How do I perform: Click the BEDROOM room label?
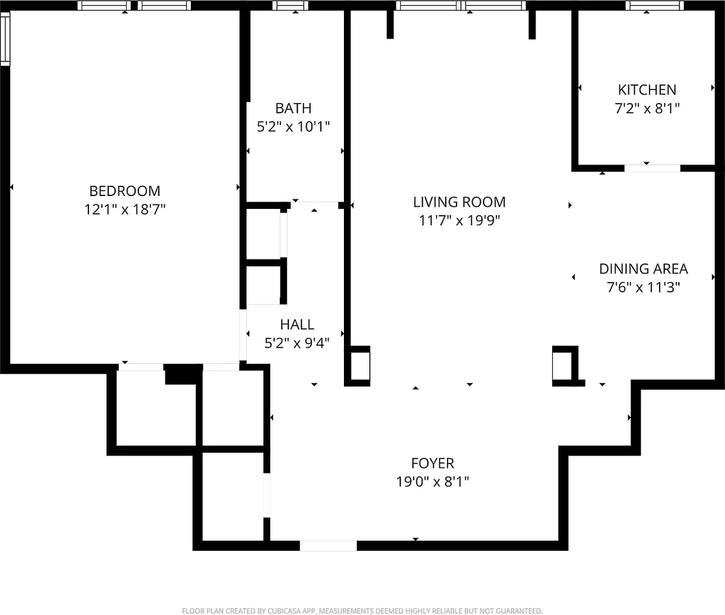124,191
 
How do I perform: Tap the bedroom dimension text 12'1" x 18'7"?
124,209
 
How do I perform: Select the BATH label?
293,108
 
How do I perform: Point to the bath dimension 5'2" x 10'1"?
293,126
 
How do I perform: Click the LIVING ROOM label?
459,202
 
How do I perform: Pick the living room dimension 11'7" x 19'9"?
459,220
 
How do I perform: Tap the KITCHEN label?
647,90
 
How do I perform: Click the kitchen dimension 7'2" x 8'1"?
647,108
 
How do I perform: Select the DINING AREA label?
643,269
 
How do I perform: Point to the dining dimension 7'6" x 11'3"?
643,287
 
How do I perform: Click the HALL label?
297,325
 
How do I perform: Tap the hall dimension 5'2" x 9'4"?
297,343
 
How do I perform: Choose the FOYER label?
432,463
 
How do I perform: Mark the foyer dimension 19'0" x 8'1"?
432,481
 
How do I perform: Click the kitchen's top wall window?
655,6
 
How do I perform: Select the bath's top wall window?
289,6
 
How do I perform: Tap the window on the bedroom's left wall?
5,40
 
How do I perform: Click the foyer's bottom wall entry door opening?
328,546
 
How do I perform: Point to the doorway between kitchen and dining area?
652,168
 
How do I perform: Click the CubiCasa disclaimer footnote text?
362,611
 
